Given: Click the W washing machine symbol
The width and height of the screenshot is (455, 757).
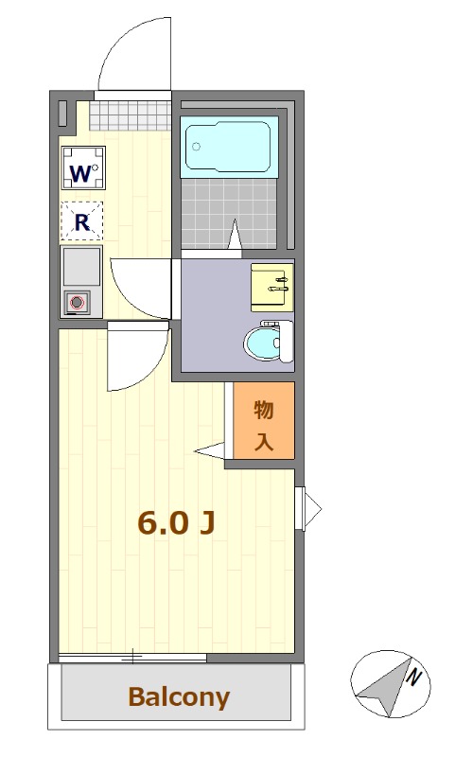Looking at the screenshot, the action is [x=83, y=168].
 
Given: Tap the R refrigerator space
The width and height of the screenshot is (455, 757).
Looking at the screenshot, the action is [x=82, y=221].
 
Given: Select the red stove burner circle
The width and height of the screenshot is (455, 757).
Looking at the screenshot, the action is [x=78, y=303].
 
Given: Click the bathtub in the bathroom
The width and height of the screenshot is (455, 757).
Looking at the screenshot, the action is [x=228, y=147].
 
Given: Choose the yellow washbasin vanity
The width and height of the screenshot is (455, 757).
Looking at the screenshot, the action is [x=272, y=288].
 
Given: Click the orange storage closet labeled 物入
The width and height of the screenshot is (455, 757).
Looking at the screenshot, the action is [x=264, y=420].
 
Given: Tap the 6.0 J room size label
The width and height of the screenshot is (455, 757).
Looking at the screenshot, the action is [x=176, y=522].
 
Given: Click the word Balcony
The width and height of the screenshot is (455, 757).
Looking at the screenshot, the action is [x=179, y=696].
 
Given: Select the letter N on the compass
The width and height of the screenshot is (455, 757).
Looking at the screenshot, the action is [x=413, y=678].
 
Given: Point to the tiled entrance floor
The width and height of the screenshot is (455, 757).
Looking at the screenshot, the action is [x=131, y=115].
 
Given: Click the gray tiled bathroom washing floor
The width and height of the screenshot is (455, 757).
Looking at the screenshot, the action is [x=229, y=214].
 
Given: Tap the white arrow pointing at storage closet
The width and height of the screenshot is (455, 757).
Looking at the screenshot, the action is [x=210, y=451].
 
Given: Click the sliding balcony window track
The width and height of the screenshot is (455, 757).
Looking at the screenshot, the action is [x=132, y=657].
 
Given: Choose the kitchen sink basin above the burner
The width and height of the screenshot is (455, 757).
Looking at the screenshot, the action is [x=82, y=267].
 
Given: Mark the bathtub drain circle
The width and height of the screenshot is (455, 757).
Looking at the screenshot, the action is [x=196, y=147].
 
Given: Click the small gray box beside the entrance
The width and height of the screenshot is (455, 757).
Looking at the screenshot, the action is [x=62, y=114].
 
